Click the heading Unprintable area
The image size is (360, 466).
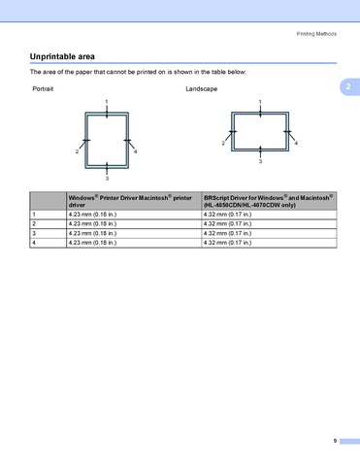[x=62, y=56]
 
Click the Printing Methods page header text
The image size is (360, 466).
[x=316, y=34]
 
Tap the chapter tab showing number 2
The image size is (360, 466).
[x=349, y=86]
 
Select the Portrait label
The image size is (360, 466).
[x=43, y=89]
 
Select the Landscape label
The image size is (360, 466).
[x=202, y=89]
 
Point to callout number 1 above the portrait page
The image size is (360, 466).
[x=107, y=102]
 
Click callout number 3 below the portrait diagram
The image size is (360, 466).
[x=107, y=179]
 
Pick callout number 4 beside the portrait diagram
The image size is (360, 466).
[x=136, y=151]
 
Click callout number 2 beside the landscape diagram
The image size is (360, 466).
[x=223, y=143]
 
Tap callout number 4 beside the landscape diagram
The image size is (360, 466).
[x=296, y=143]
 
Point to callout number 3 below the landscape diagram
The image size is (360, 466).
[x=260, y=161]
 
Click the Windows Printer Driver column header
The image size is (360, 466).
[x=130, y=201]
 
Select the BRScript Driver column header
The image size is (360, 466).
[x=269, y=201]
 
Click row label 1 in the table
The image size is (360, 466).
[x=34, y=215]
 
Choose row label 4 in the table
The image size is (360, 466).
[x=34, y=243]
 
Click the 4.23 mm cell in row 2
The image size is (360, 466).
[x=92, y=224]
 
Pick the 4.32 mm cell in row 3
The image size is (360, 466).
[x=227, y=233]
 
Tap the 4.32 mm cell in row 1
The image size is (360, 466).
[x=227, y=215]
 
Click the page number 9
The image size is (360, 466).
[x=335, y=441]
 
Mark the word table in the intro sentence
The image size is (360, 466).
[x=218, y=72]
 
